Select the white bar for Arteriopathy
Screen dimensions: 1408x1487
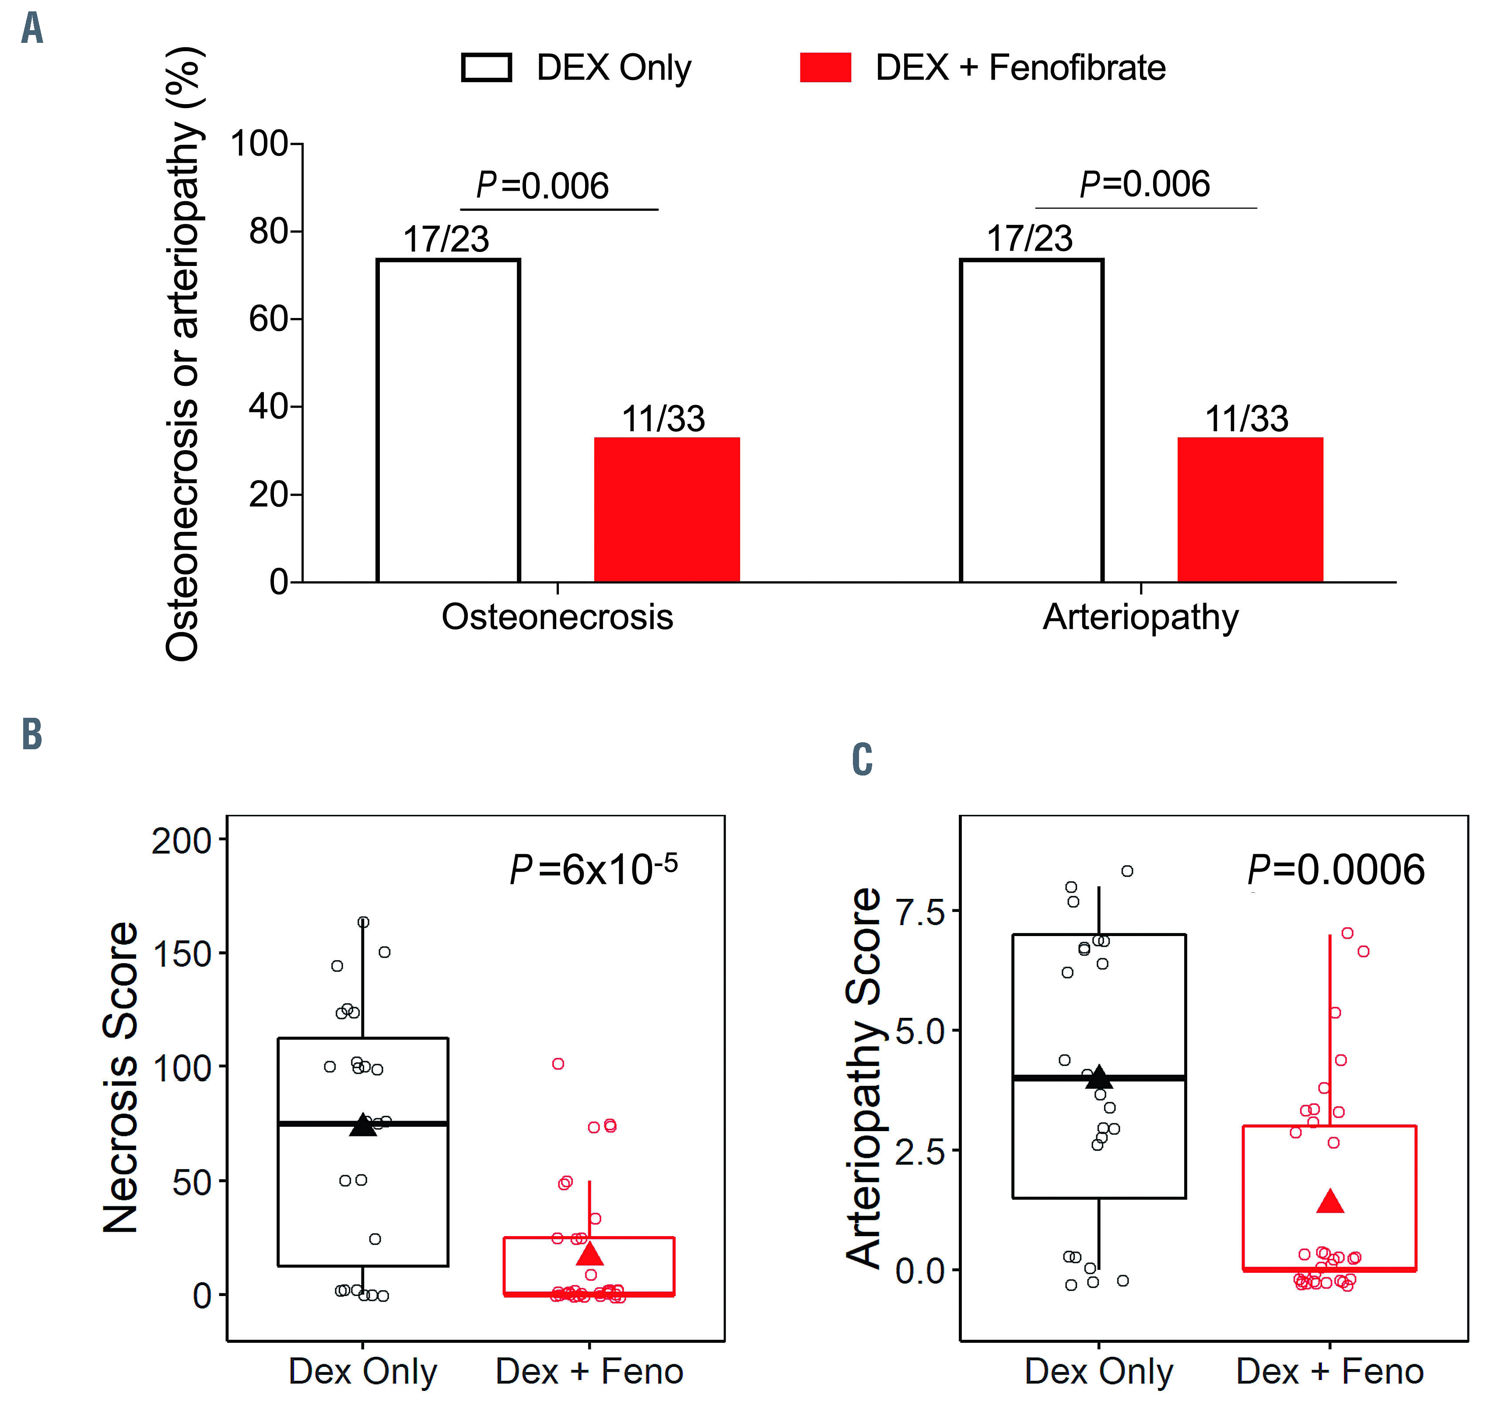(1031, 420)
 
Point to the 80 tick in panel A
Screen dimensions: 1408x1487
(269, 231)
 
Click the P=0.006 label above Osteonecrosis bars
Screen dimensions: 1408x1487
(542, 185)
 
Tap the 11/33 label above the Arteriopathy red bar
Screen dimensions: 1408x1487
(1247, 419)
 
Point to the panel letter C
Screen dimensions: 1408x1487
(862, 759)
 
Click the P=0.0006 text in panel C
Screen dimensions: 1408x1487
(1335, 870)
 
